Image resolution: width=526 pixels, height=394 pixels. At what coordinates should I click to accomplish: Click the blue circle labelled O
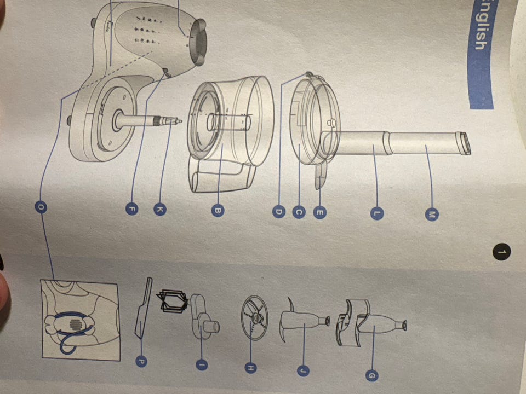41,207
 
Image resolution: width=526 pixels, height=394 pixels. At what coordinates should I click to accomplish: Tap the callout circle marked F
132,210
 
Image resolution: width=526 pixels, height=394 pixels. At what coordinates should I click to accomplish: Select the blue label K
160,210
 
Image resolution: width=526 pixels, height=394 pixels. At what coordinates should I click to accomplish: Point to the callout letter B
218,210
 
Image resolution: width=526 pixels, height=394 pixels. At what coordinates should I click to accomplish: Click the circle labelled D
279,212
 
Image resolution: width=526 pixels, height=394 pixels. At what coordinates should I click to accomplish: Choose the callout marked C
299,212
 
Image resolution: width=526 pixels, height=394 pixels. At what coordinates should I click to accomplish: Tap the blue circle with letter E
319,212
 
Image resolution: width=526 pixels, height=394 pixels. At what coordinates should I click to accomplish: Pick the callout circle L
377,213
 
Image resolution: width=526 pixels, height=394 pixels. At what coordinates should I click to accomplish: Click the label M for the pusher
432,215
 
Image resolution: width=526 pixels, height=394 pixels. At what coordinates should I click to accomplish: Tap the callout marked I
201,364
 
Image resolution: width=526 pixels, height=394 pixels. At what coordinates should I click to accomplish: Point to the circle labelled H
250,368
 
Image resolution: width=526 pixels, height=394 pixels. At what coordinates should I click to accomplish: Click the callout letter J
303,370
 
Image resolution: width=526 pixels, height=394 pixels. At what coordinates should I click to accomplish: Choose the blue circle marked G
371,375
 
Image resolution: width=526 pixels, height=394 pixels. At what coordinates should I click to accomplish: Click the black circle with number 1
502,252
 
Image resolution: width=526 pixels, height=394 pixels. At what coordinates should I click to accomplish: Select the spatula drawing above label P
144,307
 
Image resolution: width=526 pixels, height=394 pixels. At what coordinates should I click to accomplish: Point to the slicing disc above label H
255,317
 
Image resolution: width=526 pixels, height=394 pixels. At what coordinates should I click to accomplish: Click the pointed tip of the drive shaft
181,121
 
